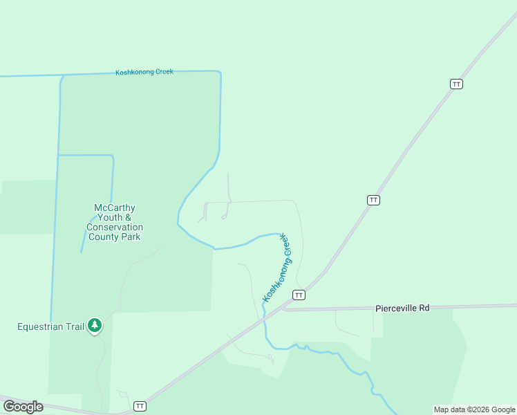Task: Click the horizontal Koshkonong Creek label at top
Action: (x=144, y=72)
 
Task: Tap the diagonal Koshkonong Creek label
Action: (x=278, y=267)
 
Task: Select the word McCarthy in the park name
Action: (x=114, y=207)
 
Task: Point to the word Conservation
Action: (x=115, y=227)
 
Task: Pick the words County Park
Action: (x=115, y=237)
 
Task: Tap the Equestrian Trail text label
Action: (x=50, y=326)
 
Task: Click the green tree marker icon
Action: (x=95, y=325)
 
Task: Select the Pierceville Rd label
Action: (x=402, y=308)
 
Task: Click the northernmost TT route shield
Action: (x=456, y=84)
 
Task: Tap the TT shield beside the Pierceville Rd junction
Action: (x=299, y=295)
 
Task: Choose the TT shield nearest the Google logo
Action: (x=140, y=406)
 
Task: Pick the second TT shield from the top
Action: (x=373, y=200)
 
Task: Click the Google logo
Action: (x=23, y=406)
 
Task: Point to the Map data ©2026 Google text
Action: (x=474, y=409)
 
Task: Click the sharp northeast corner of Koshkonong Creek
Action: (x=220, y=72)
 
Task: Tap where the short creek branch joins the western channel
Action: (x=59, y=156)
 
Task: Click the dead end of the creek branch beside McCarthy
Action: (x=82, y=252)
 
